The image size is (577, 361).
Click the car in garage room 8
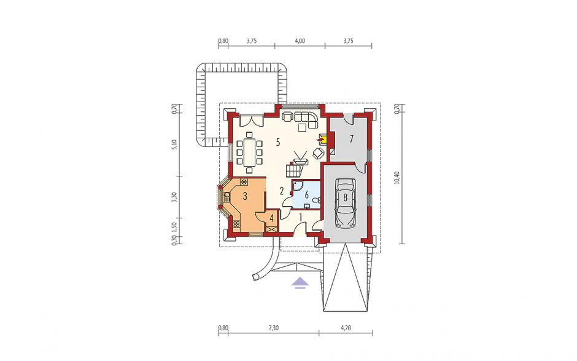pos(346,203)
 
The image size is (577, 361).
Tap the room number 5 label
pos(278,141)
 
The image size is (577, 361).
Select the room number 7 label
pos(352,139)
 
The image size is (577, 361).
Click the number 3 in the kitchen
pos(245,197)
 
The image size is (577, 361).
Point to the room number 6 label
pos(306,194)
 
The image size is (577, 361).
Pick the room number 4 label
pos(271,218)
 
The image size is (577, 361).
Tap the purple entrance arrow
pos(300,282)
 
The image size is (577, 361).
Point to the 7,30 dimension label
pos(273,328)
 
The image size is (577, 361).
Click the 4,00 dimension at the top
pos(300,41)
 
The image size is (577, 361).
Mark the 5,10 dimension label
pos(175,144)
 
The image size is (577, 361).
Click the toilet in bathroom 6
pos(316,200)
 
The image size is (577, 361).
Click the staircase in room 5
pos(295,168)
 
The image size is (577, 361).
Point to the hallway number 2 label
pos(282,191)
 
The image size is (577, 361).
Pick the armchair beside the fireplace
pos(319,153)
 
